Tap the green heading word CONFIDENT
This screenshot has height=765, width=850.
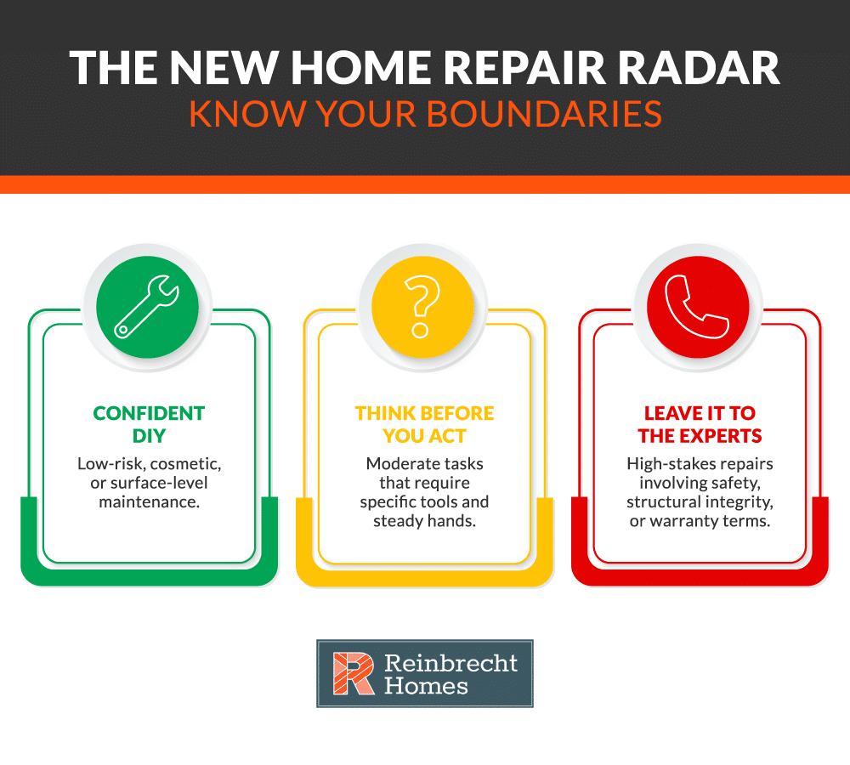pos(149,414)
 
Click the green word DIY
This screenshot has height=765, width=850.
pos(149,436)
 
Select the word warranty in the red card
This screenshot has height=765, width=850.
pos(691,520)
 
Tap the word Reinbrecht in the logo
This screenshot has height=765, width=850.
pos(450,661)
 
